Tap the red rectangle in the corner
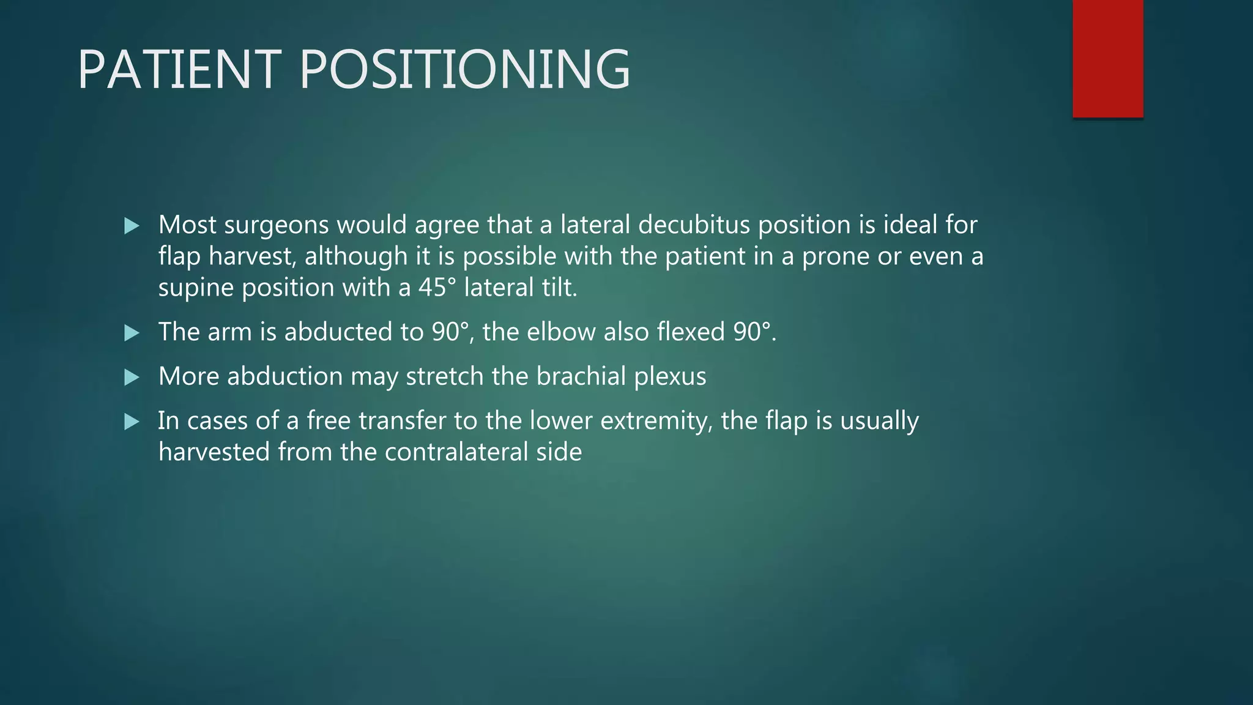(x=1107, y=59)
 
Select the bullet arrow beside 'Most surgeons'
(x=132, y=226)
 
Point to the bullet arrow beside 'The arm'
(x=132, y=333)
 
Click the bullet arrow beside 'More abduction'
(x=132, y=377)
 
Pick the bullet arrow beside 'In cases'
(x=132, y=422)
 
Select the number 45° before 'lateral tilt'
(x=437, y=288)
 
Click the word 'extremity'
(x=648, y=422)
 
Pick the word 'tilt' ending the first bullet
(x=559, y=288)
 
